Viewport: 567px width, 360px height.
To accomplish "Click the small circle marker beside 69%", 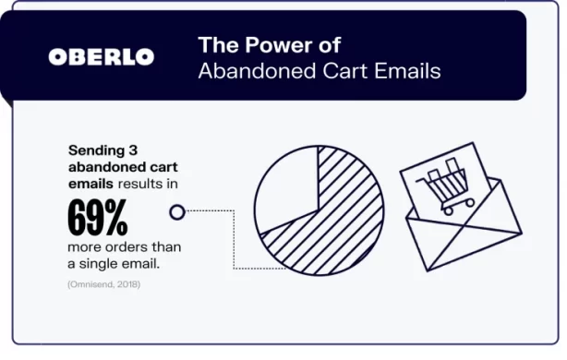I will [x=176, y=213].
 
